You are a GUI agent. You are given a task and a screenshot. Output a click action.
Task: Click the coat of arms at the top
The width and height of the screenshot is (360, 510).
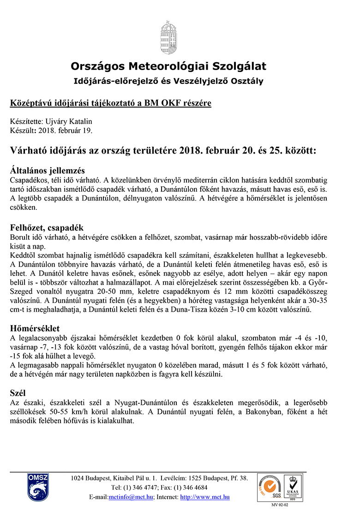click(168, 37)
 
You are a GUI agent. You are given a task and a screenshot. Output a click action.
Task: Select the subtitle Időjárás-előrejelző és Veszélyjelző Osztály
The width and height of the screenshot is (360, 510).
click(168, 81)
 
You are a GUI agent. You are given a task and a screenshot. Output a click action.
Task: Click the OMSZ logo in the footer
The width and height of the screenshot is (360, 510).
click(36, 487)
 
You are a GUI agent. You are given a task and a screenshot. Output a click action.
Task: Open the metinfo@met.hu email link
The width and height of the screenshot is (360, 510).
click(131, 497)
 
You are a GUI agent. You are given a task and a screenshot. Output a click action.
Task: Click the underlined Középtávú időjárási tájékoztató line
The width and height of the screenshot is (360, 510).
click(111, 103)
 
